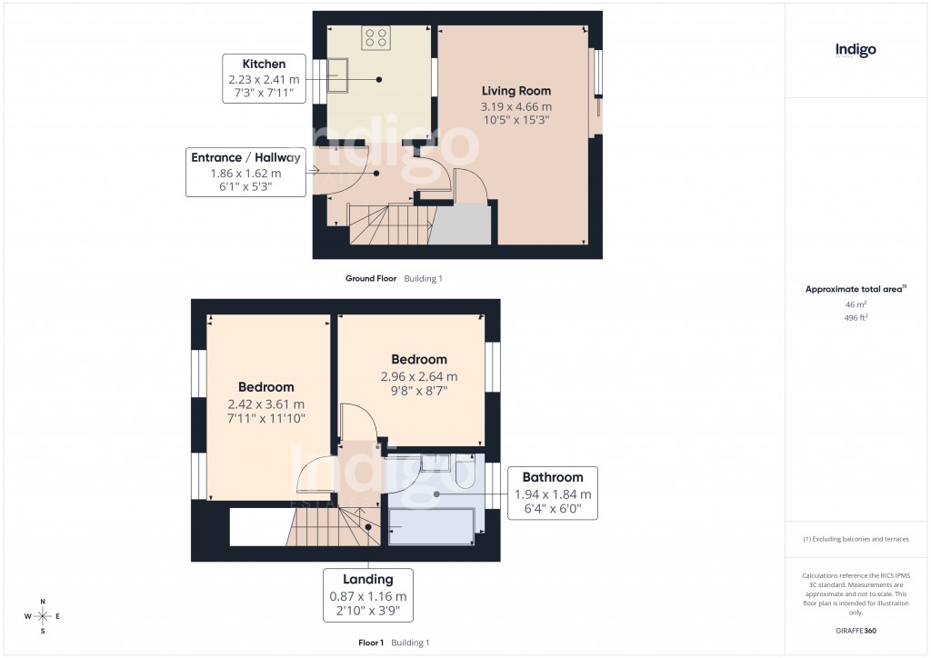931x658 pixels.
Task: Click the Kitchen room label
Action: [264, 64]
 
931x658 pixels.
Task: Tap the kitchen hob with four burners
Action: [375, 38]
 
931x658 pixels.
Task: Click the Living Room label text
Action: [516, 91]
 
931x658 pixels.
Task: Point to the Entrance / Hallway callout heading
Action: [245, 157]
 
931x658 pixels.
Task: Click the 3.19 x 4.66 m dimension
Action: [516, 106]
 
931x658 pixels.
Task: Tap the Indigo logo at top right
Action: [856, 50]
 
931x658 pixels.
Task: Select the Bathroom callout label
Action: [553, 478]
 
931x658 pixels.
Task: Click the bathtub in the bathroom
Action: [432, 527]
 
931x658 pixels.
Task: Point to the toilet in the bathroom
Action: [465, 473]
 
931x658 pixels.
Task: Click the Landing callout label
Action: [368, 580]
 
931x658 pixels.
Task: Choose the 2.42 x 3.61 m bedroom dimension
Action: [266, 404]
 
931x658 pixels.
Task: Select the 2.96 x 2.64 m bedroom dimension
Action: [419, 376]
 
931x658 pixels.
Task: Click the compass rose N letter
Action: [42, 601]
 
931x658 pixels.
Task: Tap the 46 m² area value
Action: [855, 305]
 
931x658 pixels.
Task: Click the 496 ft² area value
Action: [855, 318]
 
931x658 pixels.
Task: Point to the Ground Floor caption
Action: [371, 279]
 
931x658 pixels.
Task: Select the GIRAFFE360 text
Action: [856, 630]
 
